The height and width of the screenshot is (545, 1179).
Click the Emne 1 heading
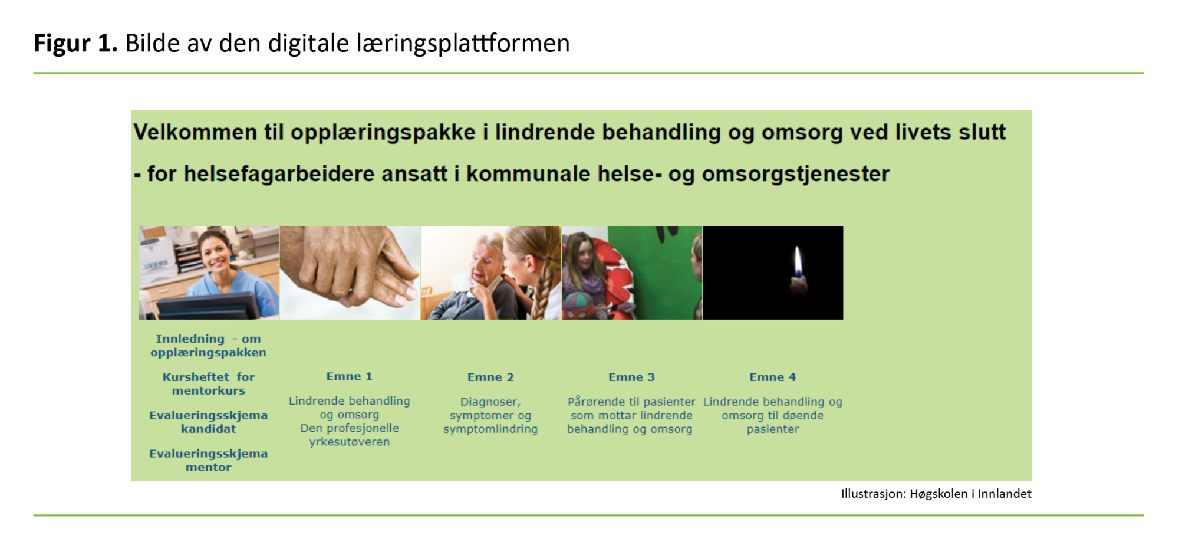(349, 376)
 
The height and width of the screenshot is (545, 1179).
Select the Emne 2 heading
(490, 377)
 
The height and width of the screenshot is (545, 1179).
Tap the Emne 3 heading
(631, 377)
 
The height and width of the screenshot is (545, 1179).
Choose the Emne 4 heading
(772, 377)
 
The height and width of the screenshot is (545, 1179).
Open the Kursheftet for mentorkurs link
(208, 383)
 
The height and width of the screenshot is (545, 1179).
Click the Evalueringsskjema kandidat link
(208, 422)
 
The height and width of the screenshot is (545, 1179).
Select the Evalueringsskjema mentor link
(208, 460)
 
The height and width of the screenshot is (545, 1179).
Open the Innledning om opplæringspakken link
(208, 346)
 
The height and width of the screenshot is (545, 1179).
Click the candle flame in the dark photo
(797, 262)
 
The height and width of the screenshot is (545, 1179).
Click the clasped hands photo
(349, 273)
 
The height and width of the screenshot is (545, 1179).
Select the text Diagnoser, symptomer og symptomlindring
(490, 415)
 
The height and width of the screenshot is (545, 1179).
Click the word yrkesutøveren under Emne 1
(349, 442)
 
